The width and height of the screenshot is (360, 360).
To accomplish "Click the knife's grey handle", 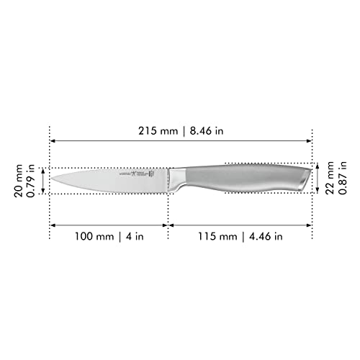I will [x=245, y=179].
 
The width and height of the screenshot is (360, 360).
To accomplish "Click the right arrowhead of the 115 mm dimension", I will [x=310, y=225].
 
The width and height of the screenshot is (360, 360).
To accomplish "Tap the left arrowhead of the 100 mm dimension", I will [x=53, y=225].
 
